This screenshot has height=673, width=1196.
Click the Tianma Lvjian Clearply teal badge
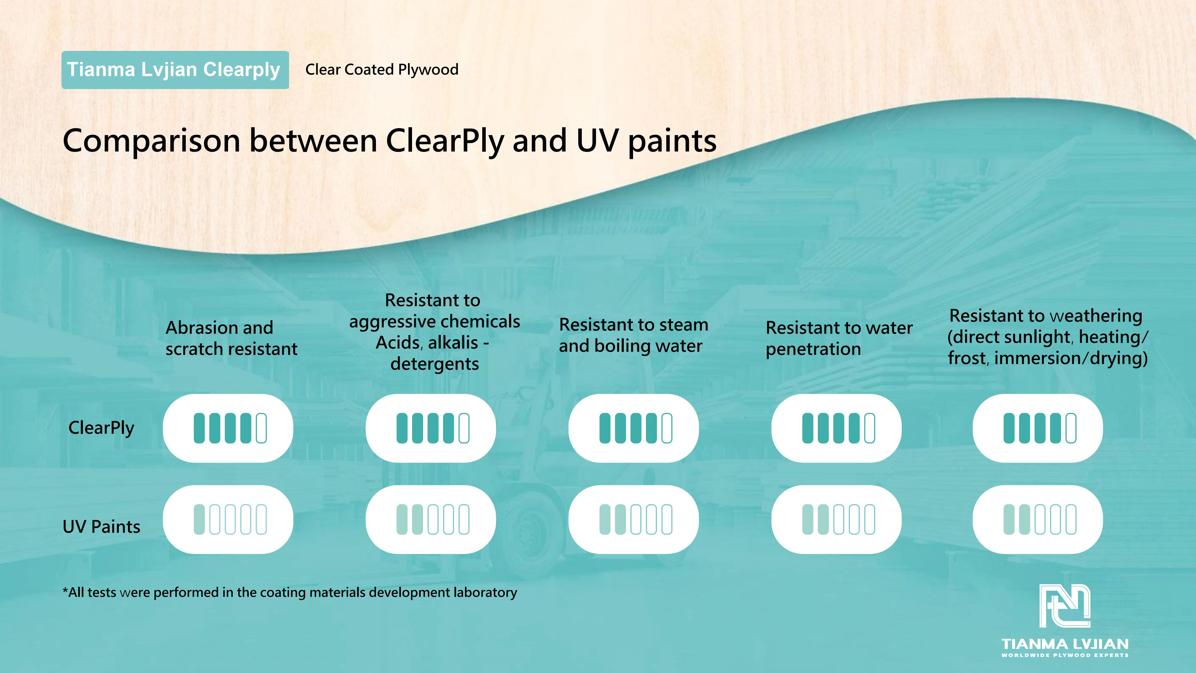pyautogui.click(x=175, y=70)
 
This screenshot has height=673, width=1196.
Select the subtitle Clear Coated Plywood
pyautogui.click(x=382, y=70)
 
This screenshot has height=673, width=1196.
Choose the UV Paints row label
pyautogui.click(x=101, y=526)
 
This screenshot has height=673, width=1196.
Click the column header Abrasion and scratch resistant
pyautogui.click(x=231, y=338)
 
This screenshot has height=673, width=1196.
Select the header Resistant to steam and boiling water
pyautogui.click(x=633, y=335)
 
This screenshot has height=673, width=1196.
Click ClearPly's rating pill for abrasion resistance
pyautogui.click(x=228, y=428)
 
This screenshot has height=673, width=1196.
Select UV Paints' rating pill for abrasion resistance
pyautogui.click(x=228, y=519)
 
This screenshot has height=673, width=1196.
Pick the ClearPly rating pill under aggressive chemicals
pyautogui.click(x=431, y=428)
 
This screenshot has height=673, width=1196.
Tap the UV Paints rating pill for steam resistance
pyautogui.click(x=634, y=519)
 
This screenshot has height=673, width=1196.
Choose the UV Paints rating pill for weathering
pyautogui.click(x=1038, y=519)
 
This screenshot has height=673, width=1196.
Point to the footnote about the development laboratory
pyautogui.click(x=290, y=593)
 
